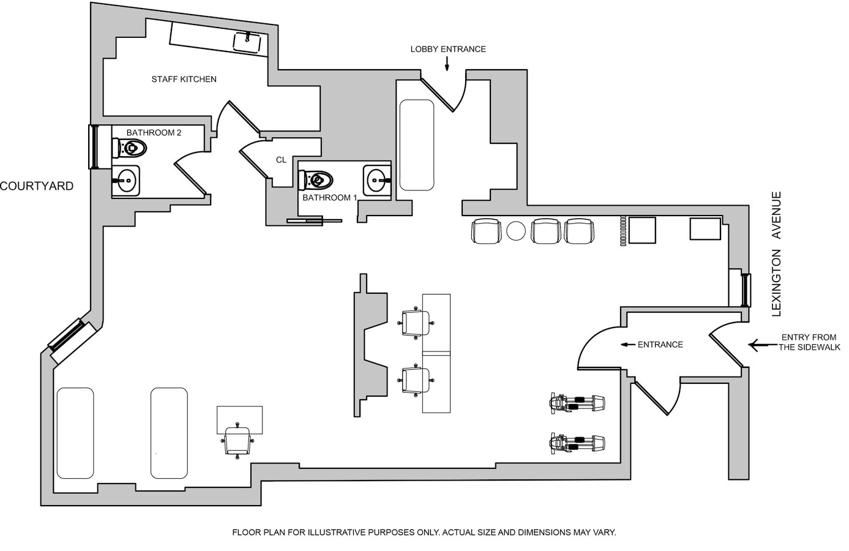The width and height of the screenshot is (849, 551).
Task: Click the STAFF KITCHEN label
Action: coord(184,79)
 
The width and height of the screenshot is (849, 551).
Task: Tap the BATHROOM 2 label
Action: coord(154,132)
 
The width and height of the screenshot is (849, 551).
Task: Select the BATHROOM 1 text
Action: coord(329,198)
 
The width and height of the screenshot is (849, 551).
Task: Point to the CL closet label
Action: coord(281,160)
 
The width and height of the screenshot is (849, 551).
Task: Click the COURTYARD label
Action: coord(37,186)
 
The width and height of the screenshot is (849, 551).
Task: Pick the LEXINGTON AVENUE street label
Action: coord(777,254)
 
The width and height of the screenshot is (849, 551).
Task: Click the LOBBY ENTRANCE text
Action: coord(448,49)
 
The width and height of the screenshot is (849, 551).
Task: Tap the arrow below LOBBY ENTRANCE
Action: coord(447,63)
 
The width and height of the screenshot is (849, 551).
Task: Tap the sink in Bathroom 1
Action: coord(376,180)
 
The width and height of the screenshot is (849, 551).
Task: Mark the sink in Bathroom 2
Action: coord(126,180)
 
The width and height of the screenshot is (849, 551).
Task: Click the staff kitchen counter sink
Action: coord(247,42)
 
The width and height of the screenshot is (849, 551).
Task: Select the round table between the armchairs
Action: coord(516,231)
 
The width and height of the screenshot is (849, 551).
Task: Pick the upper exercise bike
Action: coord(577,403)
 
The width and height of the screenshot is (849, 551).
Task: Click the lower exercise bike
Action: coord(577,443)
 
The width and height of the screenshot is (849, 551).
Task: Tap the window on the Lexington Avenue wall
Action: coord(746,290)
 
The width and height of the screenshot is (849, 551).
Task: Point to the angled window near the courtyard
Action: coord(67,335)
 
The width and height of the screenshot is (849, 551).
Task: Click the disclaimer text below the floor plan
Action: coord(424,533)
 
